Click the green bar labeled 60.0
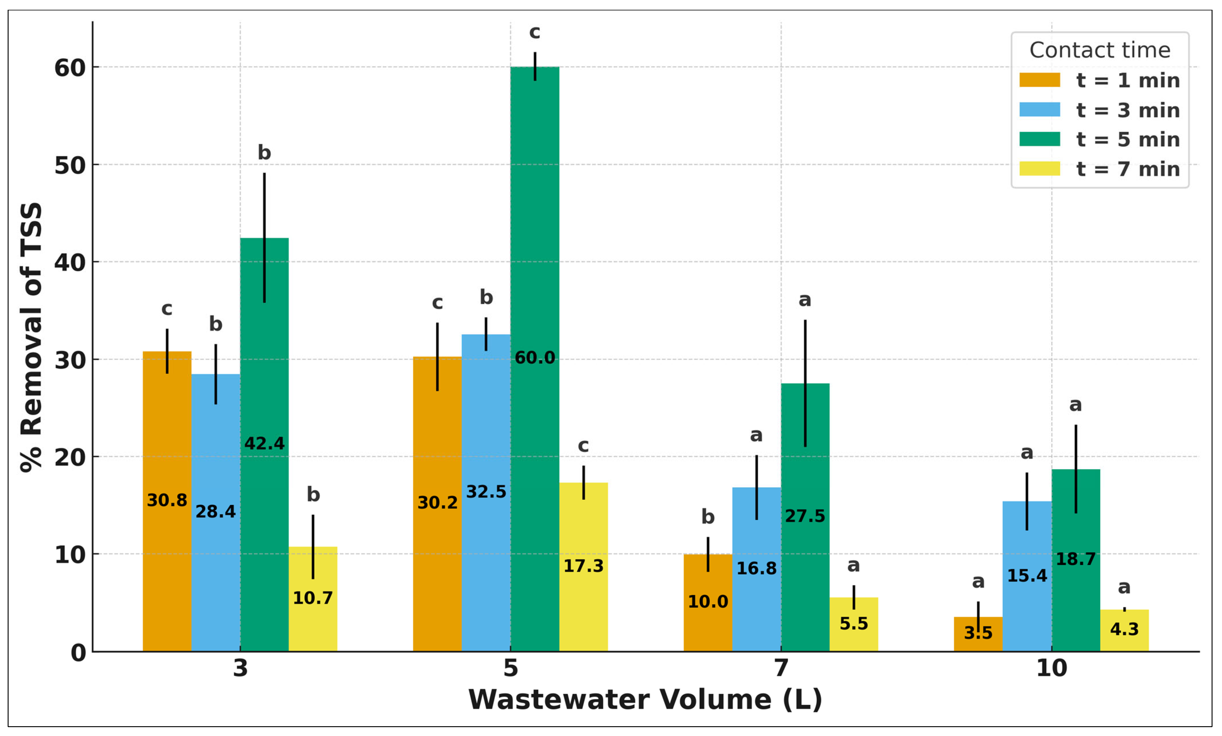click(535, 223)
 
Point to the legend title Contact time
click(1100, 50)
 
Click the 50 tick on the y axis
click(69, 165)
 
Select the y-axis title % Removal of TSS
click(31, 337)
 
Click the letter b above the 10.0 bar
click(708, 517)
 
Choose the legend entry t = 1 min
click(1127, 80)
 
